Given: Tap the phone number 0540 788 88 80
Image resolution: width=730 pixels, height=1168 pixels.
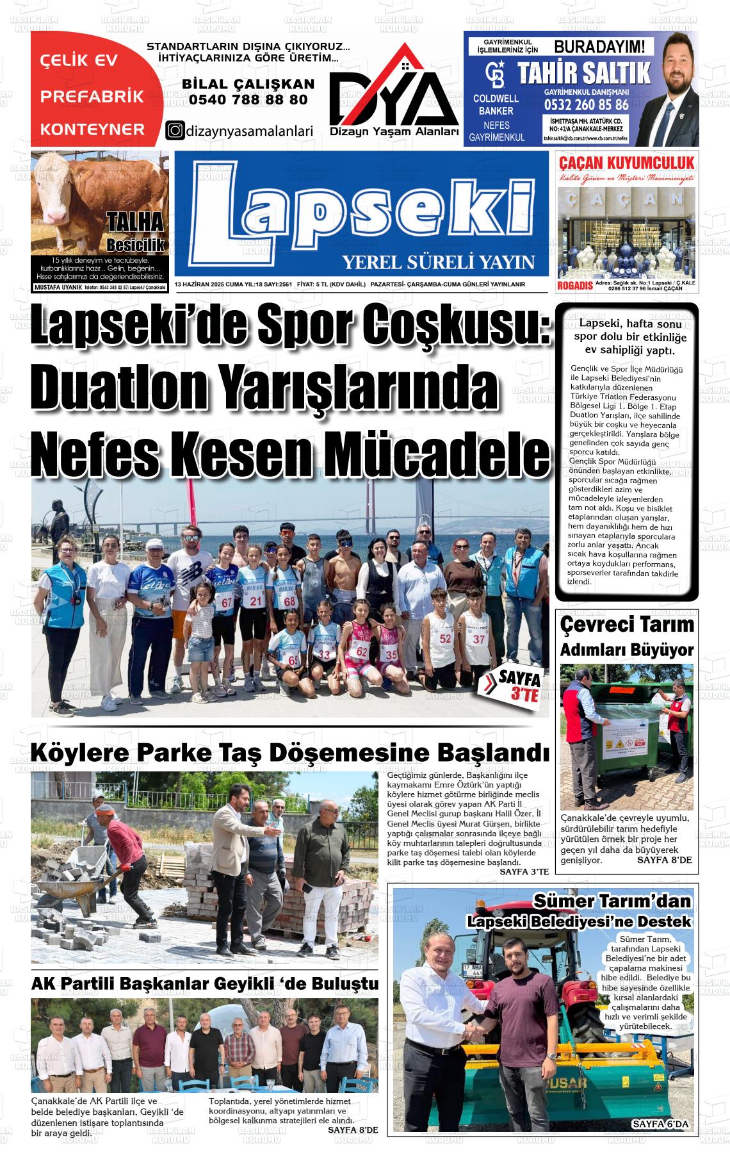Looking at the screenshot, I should pos(248,99).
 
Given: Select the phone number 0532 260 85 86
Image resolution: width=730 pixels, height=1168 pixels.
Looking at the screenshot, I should pos(586,104).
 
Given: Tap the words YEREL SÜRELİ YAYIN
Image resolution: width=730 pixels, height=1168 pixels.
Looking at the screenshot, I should pos(438,262).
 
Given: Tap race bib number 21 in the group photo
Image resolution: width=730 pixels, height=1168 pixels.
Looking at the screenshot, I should pos(256,601).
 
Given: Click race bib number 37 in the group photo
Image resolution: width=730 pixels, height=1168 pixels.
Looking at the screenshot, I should pos(479,639).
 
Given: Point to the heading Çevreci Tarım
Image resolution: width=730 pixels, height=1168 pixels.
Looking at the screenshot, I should pos(626,624).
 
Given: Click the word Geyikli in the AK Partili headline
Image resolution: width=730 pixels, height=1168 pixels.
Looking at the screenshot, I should pos(268,983).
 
